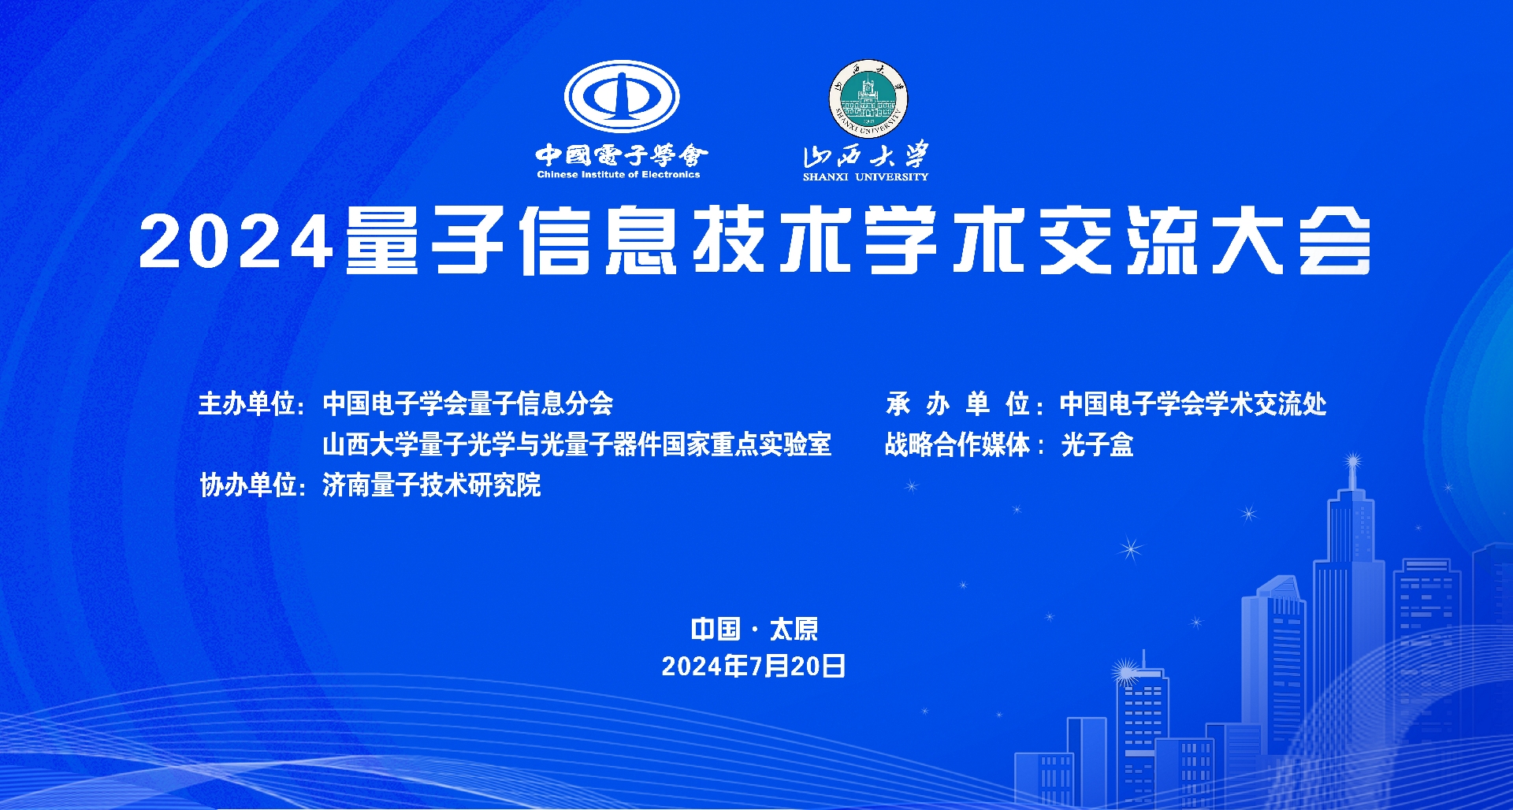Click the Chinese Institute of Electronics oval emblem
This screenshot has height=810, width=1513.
click(x=622, y=96)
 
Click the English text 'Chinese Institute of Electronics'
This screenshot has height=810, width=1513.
click(x=619, y=175)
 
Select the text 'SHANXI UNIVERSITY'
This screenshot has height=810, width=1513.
click(x=865, y=177)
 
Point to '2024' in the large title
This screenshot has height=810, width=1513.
click(x=236, y=242)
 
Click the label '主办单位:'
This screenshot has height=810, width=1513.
click(x=252, y=404)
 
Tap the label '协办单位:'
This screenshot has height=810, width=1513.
click(x=252, y=485)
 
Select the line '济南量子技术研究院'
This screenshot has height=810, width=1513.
click(x=432, y=485)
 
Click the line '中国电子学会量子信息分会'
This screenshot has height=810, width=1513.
click(x=468, y=404)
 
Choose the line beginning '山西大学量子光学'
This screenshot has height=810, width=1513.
click(x=577, y=445)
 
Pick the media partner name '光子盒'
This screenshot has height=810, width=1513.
click(x=1097, y=445)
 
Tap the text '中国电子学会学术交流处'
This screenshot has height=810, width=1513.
click(x=1193, y=404)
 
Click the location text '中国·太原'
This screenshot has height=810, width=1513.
click(x=754, y=630)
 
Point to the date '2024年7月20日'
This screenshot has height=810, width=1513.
click(x=753, y=667)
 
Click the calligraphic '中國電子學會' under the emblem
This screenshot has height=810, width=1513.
click(x=622, y=154)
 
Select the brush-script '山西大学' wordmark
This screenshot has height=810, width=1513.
click(x=865, y=154)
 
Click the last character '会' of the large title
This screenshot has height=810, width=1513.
click(x=1335, y=240)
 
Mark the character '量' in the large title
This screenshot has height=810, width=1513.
click(x=382, y=240)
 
